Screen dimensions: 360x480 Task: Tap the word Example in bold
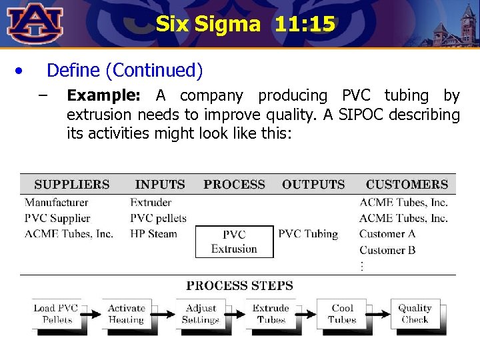[103, 96]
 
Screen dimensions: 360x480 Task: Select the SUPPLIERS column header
[72, 185]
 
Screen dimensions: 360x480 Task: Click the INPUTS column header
[160, 185]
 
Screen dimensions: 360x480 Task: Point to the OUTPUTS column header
[313, 185]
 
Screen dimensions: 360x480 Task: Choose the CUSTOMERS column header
[407, 185]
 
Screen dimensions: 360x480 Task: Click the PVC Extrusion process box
[234, 242]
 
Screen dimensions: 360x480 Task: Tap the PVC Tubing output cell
[308, 234]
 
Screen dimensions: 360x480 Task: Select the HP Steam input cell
[153, 234]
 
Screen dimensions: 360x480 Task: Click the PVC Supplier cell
[57, 218]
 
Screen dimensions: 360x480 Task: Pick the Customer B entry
[387, 250]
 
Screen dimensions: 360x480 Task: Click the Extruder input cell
[151, 202]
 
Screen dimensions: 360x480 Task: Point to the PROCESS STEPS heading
[240, 286]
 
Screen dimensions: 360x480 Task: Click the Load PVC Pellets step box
[57, 314]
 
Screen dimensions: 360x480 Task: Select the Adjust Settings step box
[201, 314]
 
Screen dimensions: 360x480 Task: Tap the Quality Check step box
[415, 314]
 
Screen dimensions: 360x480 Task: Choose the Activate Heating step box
[127, 314]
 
